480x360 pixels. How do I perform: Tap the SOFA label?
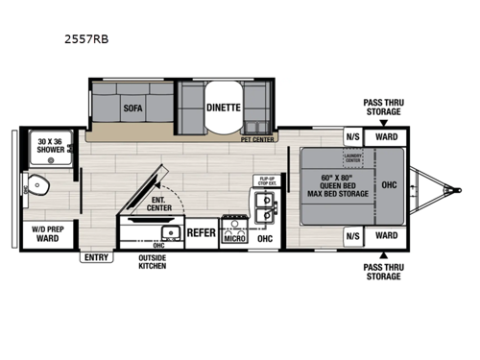click(132, 109)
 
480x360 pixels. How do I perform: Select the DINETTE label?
click(224, 108)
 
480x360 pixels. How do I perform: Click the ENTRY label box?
click(95, 256)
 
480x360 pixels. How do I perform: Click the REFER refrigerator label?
click(201, 231)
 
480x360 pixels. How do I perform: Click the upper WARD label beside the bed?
click(386, 135)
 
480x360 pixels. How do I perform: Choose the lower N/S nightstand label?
click(351, 235)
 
